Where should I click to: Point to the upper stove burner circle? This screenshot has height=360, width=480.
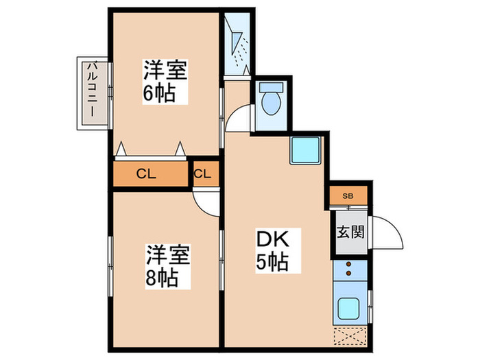pyautogui.click(x=349, y=265)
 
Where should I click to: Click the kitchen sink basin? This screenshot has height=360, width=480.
pyautogui.click(x=349, y=308)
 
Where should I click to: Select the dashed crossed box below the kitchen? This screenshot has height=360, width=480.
pyautogui.click(x=350, y=336)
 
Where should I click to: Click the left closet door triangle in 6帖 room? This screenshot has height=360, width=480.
pyautogui.click(x=121, y=148)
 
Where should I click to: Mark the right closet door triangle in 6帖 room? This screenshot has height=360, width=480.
pyautogui.click(x=180, y=148)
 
